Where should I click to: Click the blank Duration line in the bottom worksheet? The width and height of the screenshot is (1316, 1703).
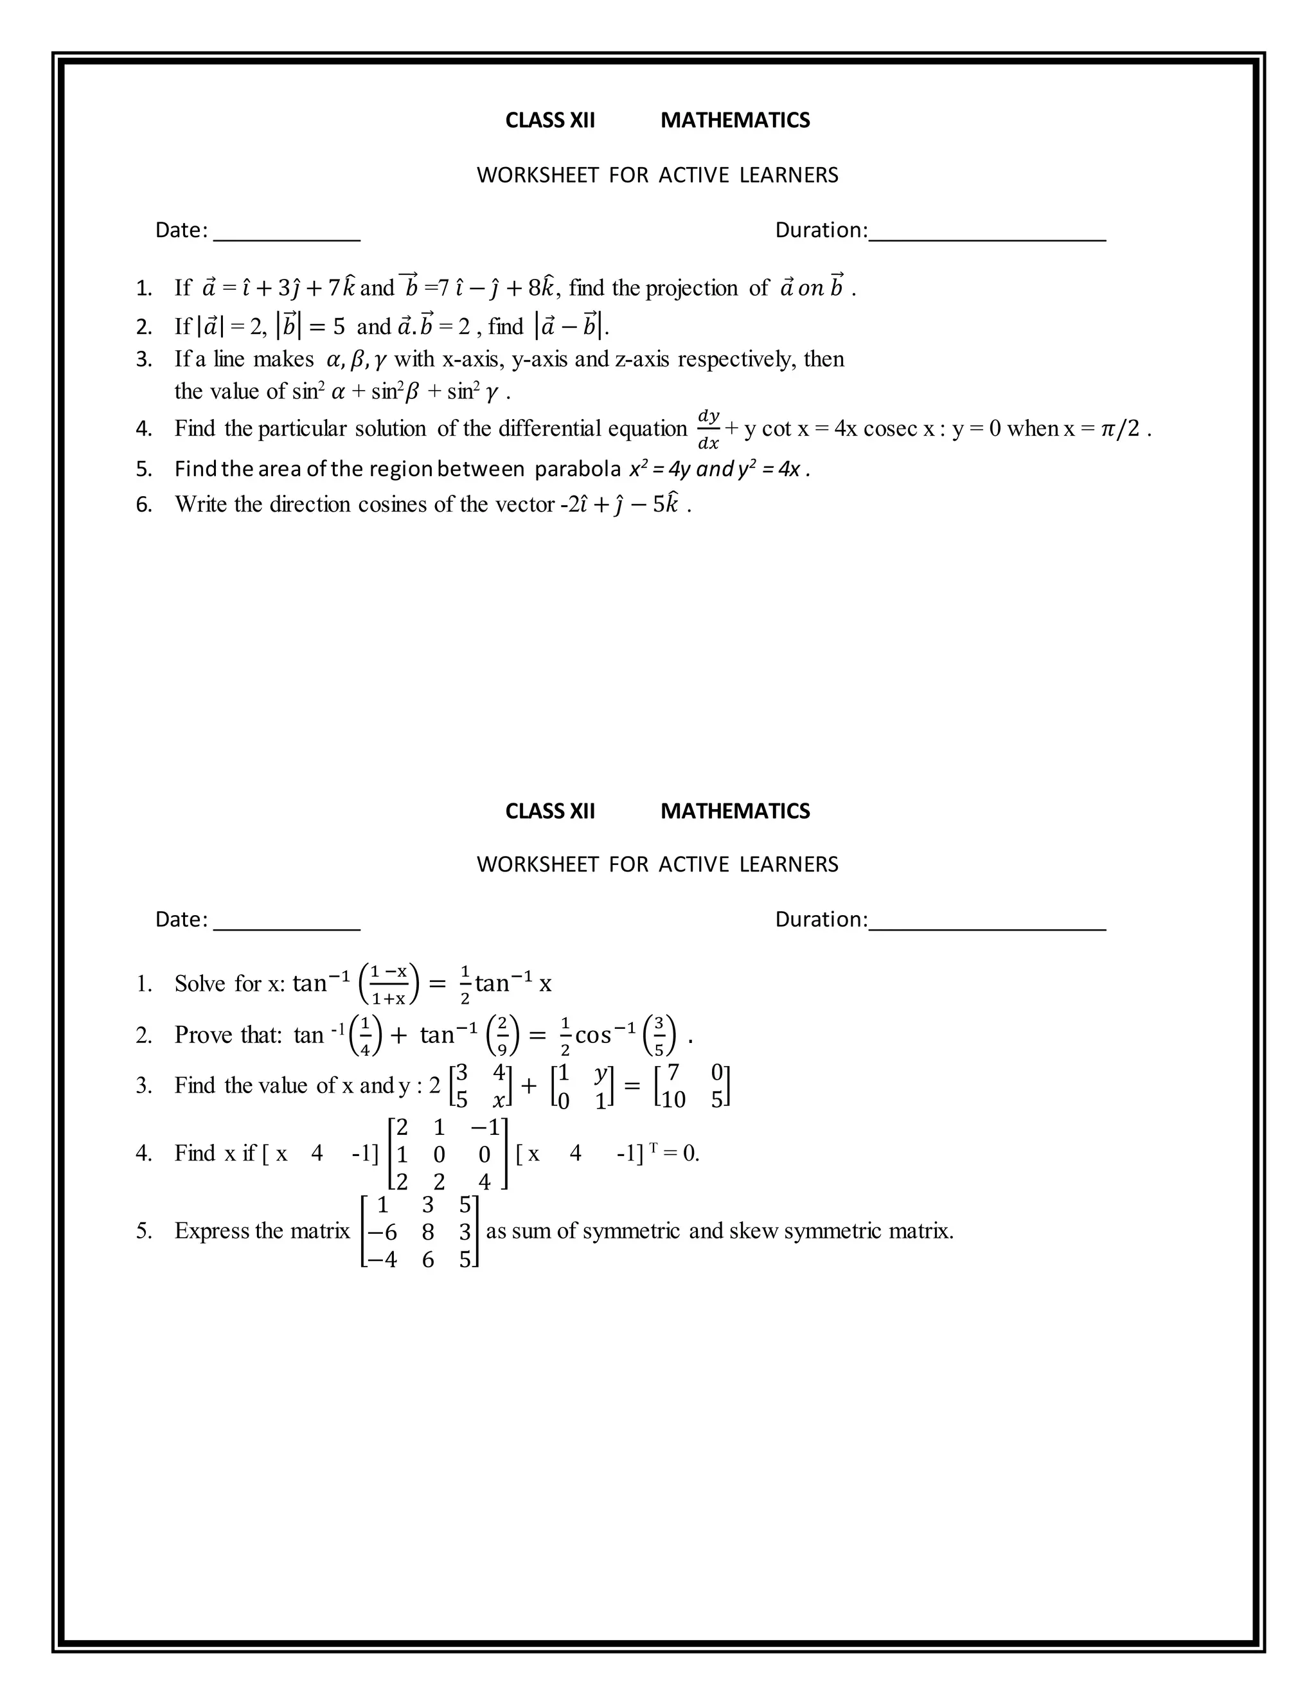[x=987, y=926]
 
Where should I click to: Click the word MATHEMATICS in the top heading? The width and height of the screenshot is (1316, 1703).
[x=734, y=120]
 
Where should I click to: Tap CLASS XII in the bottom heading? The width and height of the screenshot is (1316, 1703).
[x=549, y=811]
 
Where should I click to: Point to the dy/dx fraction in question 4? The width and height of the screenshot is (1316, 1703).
[x=708, y=429]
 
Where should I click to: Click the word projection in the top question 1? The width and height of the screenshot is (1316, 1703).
[x=691, y=289]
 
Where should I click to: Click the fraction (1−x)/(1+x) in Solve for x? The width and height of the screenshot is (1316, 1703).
[x=388, y=984]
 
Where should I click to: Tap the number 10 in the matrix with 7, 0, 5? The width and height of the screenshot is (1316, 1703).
[x=672, y=1100]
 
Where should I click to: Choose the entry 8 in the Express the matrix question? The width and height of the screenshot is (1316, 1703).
[x=427, y=1232]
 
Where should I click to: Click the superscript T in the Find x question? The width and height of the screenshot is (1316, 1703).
[x=654, y=1147]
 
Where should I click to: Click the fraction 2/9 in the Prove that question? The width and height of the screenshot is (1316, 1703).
[x=502, y=1035]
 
